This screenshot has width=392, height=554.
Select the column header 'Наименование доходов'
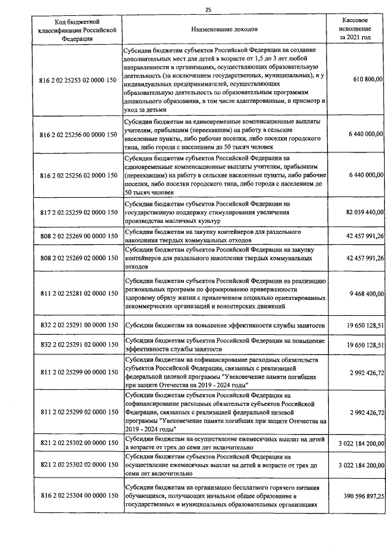coord(225,29)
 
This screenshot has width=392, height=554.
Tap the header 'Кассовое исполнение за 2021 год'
coord(356,29)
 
